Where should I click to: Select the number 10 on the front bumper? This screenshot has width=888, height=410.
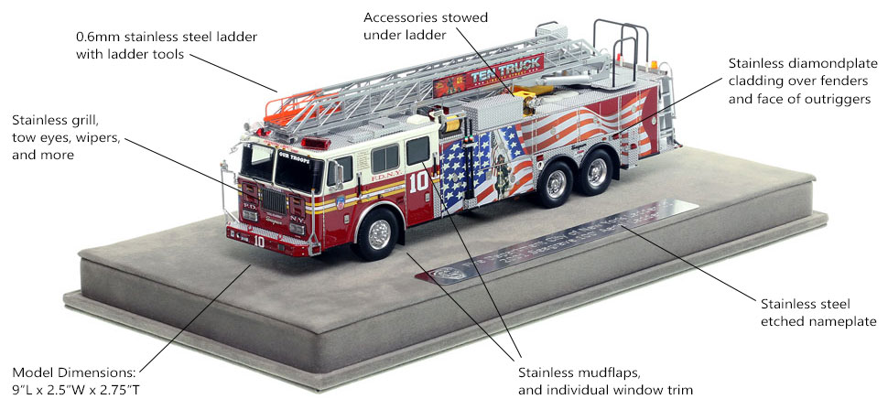tap(259, 243)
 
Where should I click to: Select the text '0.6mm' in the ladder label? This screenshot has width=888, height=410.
tap(98, 38)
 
